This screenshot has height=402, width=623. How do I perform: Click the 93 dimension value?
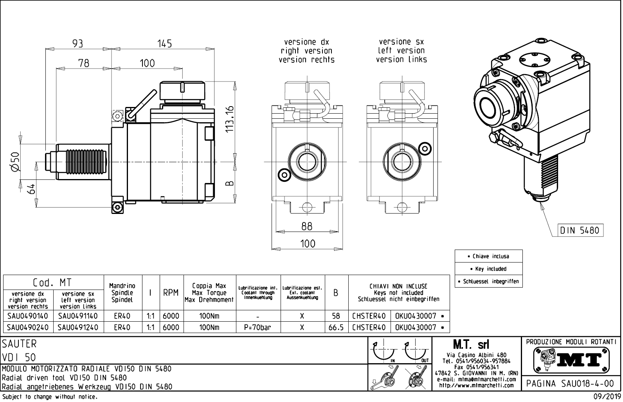[78, 43]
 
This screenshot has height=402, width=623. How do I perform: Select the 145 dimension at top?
[164, 43]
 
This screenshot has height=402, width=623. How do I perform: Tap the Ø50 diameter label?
[15, 162]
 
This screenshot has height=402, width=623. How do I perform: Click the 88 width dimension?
[307, 226]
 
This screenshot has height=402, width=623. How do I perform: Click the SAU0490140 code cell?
[27, 316]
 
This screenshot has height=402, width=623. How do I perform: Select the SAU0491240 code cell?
[78, 327]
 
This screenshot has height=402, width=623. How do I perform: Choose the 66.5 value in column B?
[336, 327]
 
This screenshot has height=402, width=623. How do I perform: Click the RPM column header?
[171, 293]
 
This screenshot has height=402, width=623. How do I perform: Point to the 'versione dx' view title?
[306, 42]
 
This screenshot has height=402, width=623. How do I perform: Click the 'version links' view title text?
[402, 60]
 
